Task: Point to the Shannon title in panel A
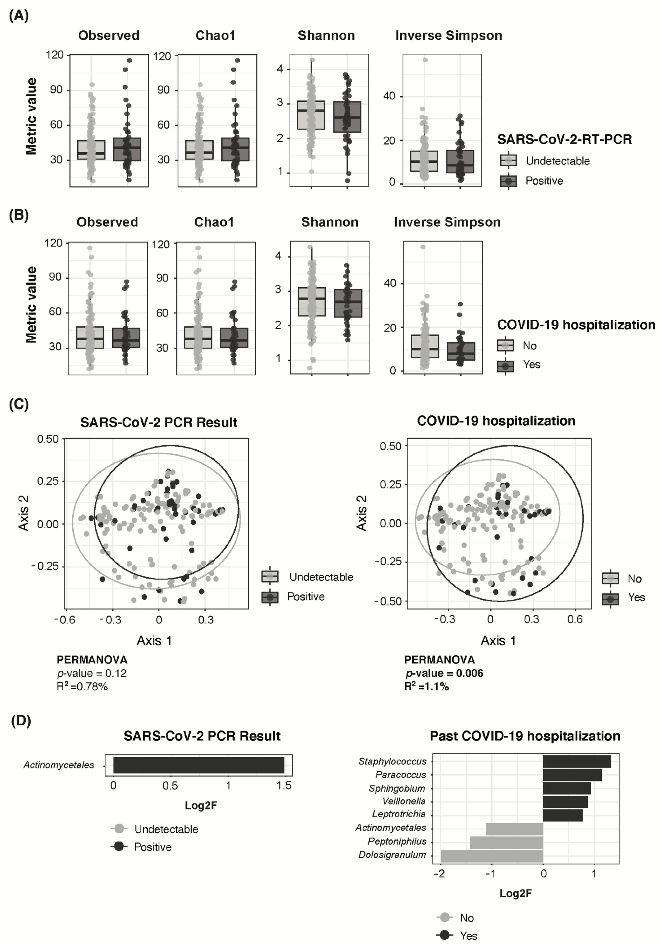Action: pos(326,36)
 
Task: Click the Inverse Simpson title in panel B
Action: pos(447,222)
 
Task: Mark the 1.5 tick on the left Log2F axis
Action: pos(284,785)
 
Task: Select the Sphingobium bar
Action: pos(566,788)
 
